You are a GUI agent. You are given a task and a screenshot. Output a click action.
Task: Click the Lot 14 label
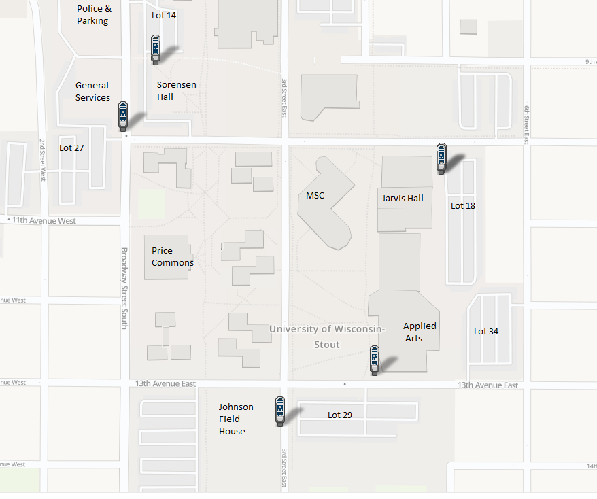[x=164, y=15]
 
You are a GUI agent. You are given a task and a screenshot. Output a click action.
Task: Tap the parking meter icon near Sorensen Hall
[x=156, y=49]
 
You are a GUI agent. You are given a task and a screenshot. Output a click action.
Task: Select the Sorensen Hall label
[x=176, y=90]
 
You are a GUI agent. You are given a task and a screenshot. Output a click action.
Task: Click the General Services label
[x=92, y=91]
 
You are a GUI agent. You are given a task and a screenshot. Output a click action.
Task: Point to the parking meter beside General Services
[x=123, y=115]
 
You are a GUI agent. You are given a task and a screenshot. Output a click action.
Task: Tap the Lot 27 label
[x=71, y=148]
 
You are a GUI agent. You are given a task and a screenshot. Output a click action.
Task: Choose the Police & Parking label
[x=95, y=14]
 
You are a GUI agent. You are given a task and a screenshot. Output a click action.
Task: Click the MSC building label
[x=315, y=196]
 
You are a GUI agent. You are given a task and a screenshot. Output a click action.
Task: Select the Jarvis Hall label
[x=403, y=199]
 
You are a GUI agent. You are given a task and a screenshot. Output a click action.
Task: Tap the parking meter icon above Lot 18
[x=441, y=158]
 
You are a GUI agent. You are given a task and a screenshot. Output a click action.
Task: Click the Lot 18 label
[x=463, y=205]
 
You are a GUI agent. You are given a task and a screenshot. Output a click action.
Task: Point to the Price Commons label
[x=173, y=257]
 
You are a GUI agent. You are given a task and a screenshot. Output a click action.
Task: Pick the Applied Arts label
[x=420, y=332]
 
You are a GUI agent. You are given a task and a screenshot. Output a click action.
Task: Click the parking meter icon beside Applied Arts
[x=374, y=360]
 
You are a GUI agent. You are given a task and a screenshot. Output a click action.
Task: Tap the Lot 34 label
[x=486, y=332]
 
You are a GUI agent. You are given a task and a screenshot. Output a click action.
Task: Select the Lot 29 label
[x=340, y=415]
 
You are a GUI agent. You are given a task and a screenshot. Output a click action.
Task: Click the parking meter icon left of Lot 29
[x=279, y=411]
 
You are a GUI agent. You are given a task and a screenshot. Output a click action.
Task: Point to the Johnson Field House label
[x=236, y=419]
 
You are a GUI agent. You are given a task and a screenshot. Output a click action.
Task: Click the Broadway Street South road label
[x=124, y=288]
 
